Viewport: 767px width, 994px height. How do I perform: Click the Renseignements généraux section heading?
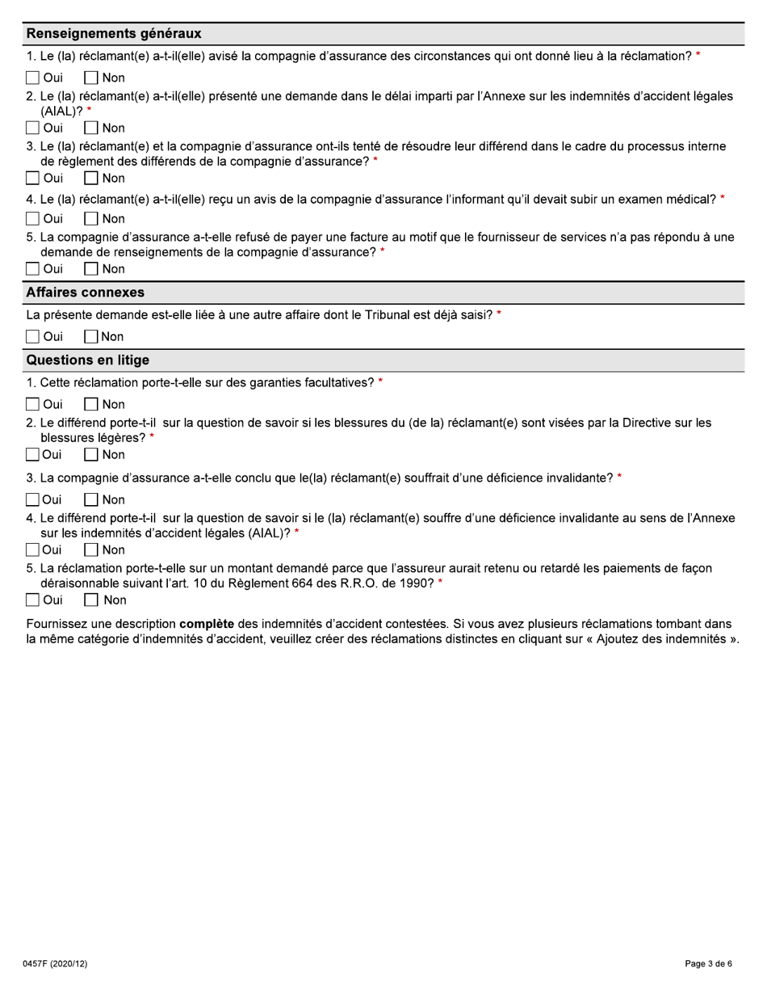114,34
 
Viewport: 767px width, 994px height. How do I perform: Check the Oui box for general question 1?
32,78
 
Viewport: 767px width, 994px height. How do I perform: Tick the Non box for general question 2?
91,128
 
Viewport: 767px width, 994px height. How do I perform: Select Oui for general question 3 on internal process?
32,179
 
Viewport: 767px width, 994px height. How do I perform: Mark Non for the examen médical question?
91,219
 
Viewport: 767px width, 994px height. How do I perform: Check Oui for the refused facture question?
32,269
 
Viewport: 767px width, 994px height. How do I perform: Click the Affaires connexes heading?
86,293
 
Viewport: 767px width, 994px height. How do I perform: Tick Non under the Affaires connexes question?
91,337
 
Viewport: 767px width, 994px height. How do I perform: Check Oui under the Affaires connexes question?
32,337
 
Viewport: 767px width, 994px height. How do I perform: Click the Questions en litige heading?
88,360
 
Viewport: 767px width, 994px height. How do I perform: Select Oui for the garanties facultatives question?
32,405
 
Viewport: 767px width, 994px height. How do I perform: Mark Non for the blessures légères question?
91,455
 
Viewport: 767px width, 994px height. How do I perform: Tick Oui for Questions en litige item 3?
32,500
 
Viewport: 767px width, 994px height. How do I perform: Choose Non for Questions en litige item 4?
91,550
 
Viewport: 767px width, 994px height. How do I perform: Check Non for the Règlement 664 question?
91,600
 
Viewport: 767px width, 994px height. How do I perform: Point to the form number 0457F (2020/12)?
55,964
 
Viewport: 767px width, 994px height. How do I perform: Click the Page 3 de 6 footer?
708,964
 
